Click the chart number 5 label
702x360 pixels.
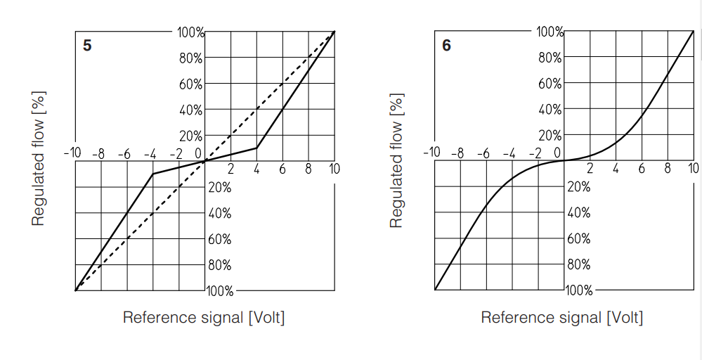click(87, 46)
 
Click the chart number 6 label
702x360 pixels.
click(447, 46)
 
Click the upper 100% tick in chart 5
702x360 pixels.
click(191, 32)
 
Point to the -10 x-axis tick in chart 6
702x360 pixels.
click(431, 153)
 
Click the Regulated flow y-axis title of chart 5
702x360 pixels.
click(38, 159)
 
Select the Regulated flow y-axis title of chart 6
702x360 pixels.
click(396, 159)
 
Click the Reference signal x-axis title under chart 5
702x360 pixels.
click(204, 317)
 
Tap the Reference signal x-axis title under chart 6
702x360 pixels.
click(561, 317)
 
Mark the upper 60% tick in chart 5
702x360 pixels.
click(191, 84)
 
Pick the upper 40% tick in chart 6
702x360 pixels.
click(550, 110)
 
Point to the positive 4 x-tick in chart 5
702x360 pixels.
click(256, 169)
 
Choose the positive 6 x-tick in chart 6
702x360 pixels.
click(642, 169)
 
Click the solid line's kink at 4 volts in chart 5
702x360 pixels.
click(256, 148)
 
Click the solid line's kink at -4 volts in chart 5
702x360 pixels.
click(153, 174)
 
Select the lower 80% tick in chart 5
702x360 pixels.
click(219, 265)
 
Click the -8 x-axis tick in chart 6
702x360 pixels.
click(457, 153)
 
